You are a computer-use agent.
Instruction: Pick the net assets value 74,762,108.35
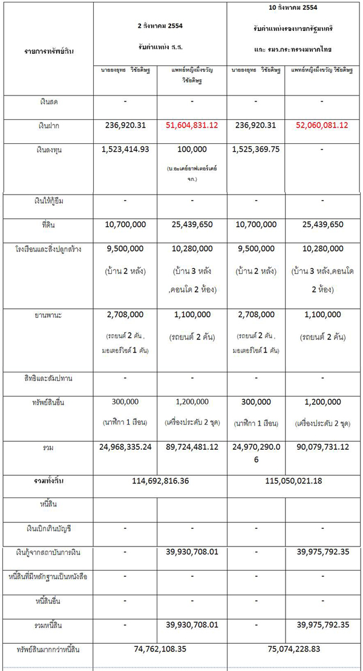[160, 650]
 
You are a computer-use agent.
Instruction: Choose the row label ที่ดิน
[48, 224]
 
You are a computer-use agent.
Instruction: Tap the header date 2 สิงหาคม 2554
[160, 27]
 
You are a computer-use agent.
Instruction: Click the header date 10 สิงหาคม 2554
[294, 7]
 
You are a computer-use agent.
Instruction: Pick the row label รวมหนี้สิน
[48, 624]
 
